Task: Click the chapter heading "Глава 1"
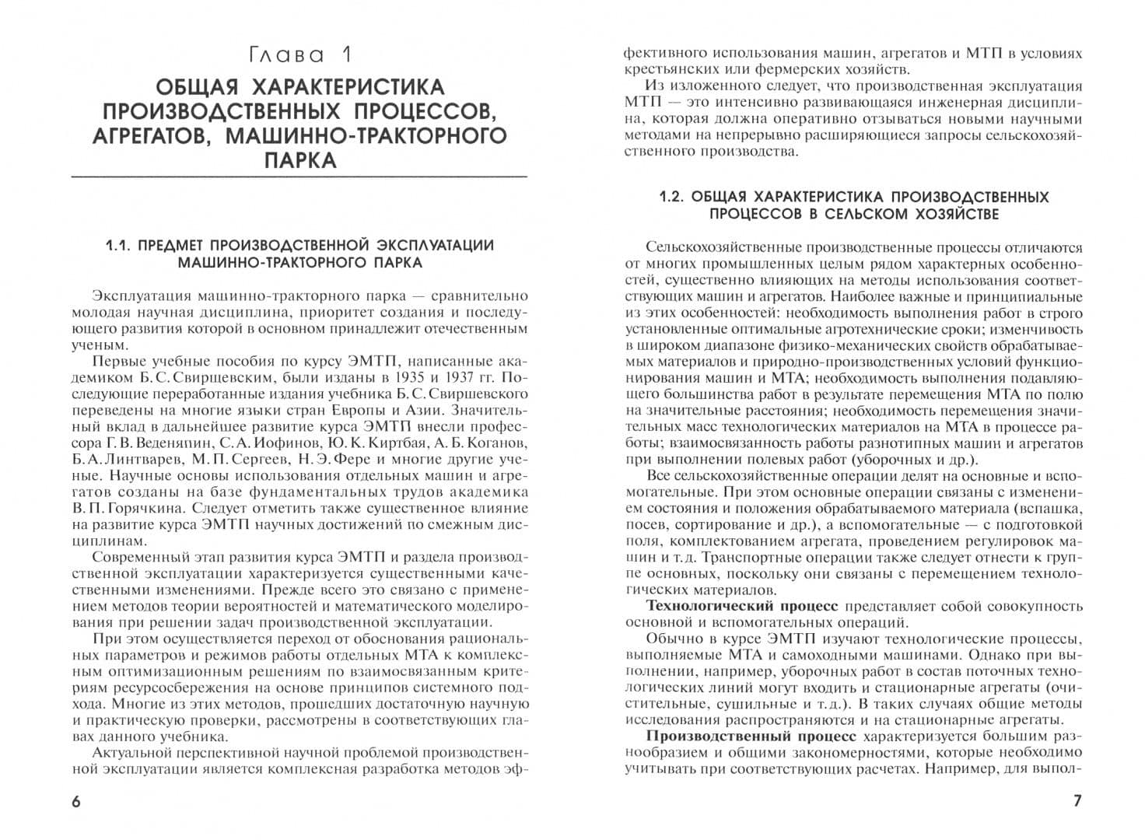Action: pyautogui.click(x=299, y=55)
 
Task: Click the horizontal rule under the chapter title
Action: pyautogui.click(x=299, y=179)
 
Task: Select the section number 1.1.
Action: pyautogui.click(x=121, y=246)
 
